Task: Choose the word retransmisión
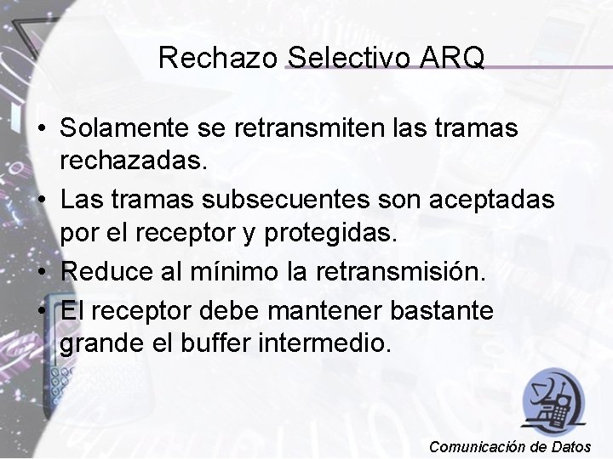pyautogui.click(x=397, y=272)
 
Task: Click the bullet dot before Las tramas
pyautogui.click(x=41, y=201)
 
